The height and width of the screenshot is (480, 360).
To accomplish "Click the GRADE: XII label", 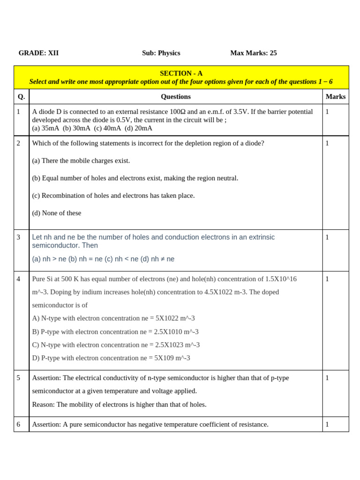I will click(x=38, y=53).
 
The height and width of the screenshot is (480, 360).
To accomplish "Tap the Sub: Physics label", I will click(x=161, y=53).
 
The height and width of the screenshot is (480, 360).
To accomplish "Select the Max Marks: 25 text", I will click(x=253, y=53).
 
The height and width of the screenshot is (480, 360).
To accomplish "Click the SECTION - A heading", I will click(x=181, y=73).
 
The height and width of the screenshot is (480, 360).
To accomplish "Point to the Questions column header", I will click(x=175, y=97).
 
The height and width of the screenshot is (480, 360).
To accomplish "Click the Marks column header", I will click(x=335, y=97).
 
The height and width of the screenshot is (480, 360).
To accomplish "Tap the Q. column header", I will click(x=21, y=97).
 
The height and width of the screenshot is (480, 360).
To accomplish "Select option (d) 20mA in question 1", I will click(x=138, y=128).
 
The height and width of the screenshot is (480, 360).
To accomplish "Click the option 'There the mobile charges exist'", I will click(x=81, y=161).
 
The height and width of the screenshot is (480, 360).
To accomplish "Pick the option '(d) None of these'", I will click(x=56, y=213).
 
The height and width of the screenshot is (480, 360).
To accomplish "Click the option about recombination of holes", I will click(x=113, y=195).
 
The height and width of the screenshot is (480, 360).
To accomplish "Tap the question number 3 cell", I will click(x=19, y=237).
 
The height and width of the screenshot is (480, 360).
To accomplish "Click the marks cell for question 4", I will click(x=327, y=279).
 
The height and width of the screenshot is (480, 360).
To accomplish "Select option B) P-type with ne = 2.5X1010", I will click(x=115, y=332).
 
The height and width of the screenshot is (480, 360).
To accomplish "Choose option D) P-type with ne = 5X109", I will click(x=111, y=358).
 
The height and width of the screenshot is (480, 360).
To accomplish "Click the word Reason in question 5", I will click(x=43, y=405).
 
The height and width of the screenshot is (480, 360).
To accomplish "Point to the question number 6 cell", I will click(x=19, y=424).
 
